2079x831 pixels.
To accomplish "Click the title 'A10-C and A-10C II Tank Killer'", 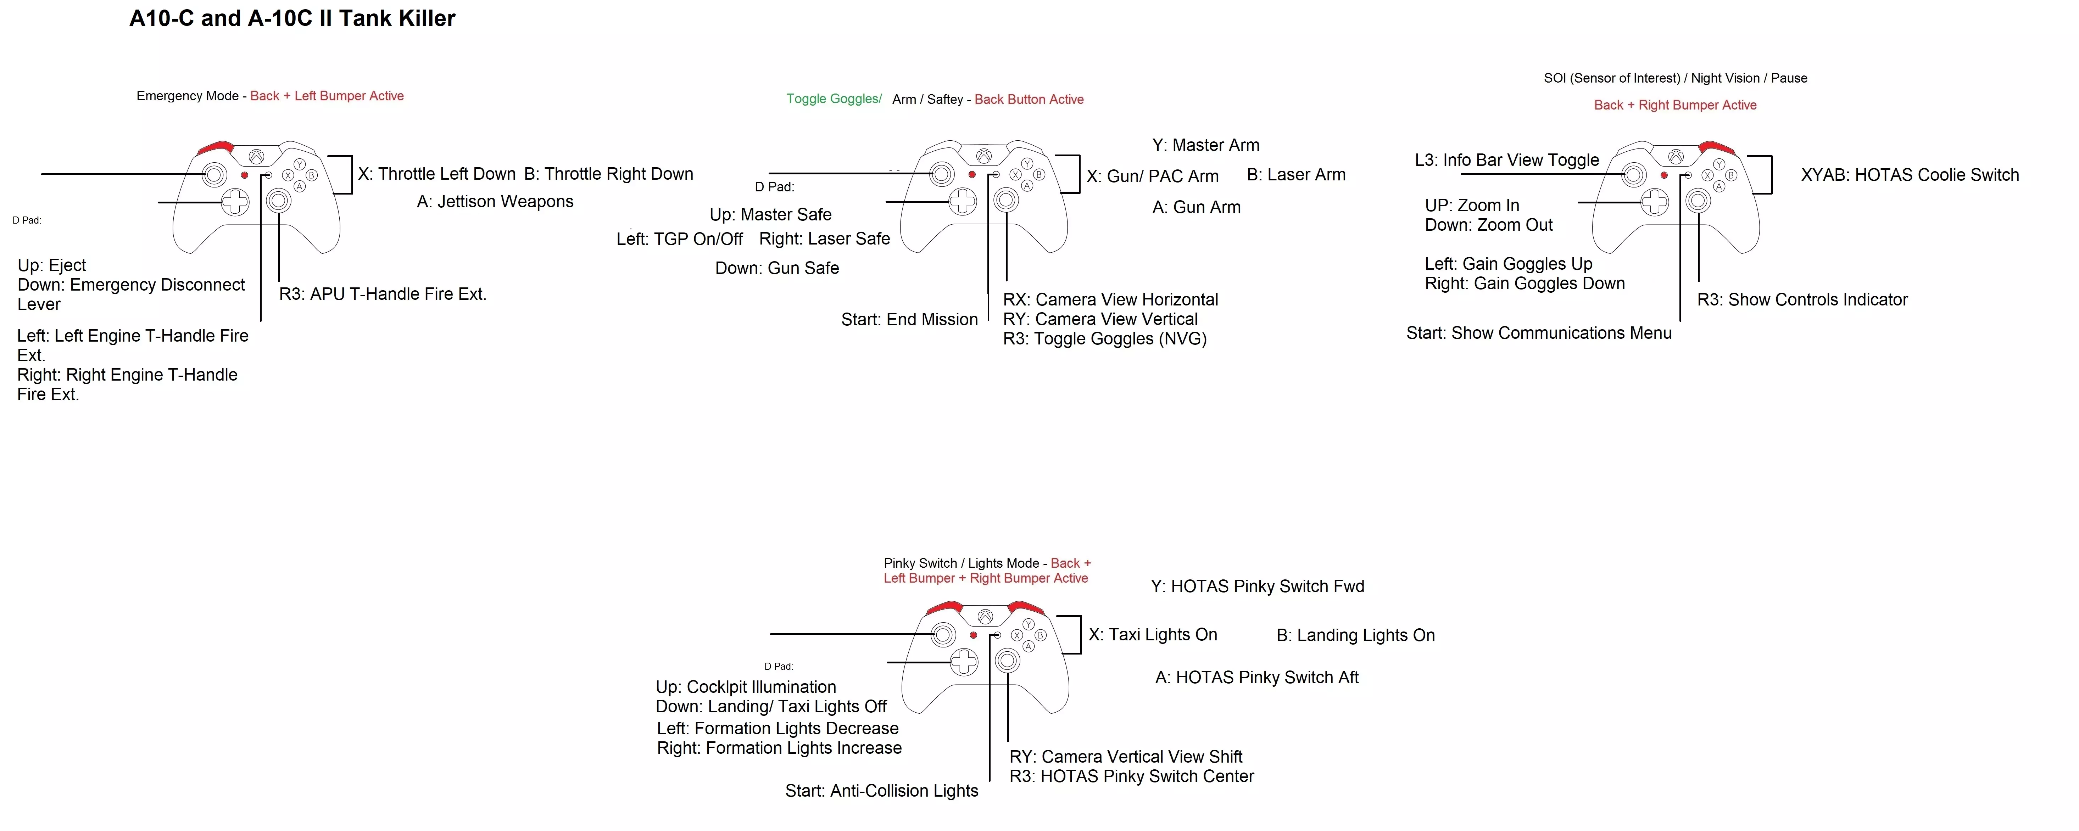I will pyautogui.click(x=292, y=18).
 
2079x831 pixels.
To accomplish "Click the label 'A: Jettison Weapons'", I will pyautogui.click(x=495, y=202).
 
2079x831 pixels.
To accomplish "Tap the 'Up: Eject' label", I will pyautogui.click(x=52, y=265).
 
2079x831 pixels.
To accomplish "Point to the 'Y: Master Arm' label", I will pyautogui.click(x=1206, y=145).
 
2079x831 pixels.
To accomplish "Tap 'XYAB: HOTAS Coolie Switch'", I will pyautogui.click(x=1910, y=175).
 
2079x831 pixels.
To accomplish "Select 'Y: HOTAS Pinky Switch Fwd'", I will pyautogui.click(x=1258, y=586).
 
